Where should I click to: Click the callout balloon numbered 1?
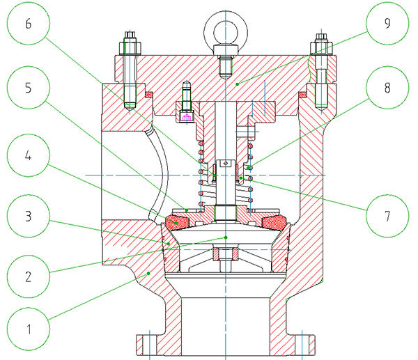pyautogui.click(x=29, y=325)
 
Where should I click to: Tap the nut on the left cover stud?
pyautogui.click(x=130, y=49)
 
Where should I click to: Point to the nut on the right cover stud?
pyautogui.click(x=321, y=49)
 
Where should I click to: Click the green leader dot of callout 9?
pyautogui.click(x=238, y=84)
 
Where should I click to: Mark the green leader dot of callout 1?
pyautogui.click(x=148, y=274)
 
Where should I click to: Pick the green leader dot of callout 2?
pyautogui.click(x=226, y=237)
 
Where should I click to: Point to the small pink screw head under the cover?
pyautogui.click(x=186, y=116)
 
